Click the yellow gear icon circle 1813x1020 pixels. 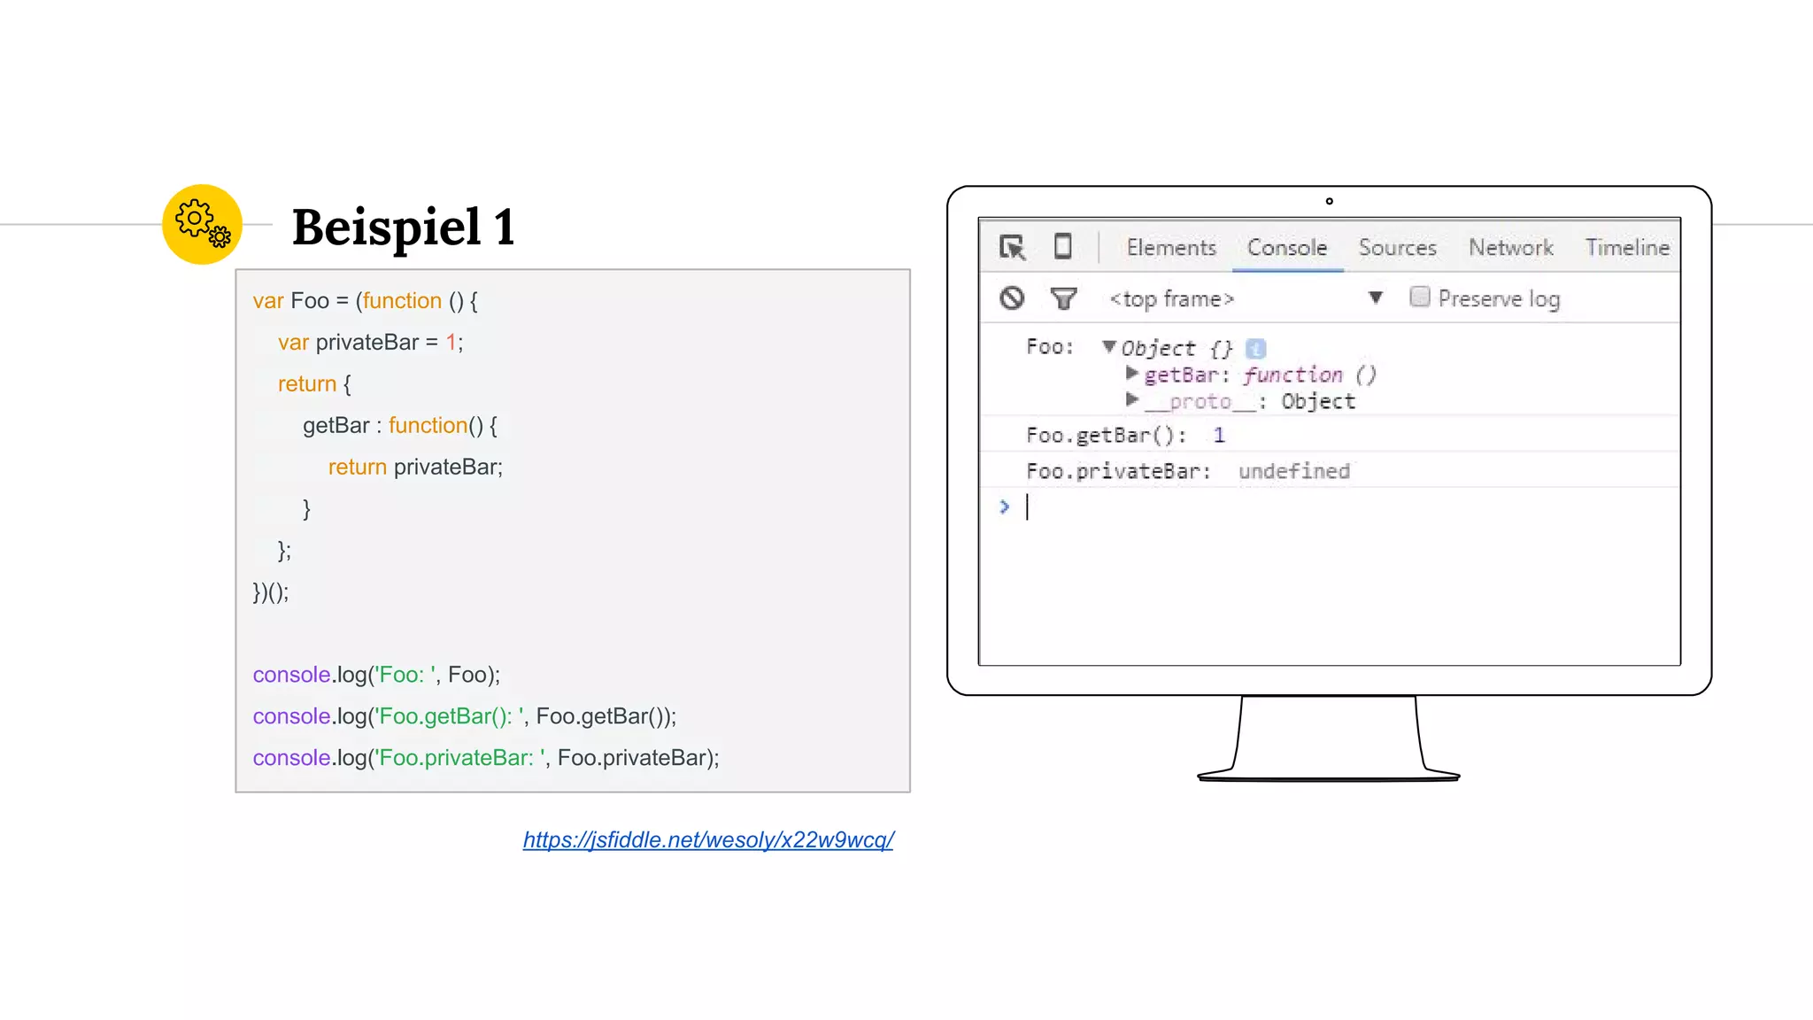(x=202, y=224)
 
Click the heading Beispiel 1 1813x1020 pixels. (x=403, y=228)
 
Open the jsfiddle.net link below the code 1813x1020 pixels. (x=708, y=839)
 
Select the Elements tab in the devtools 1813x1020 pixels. (x=1171, y=248)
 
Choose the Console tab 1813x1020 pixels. (x=1287, y=248)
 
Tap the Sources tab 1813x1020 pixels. (x=1397, y=248)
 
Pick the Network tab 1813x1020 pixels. (x=1510, y=248)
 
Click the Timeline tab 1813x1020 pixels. (x=1627, y=248)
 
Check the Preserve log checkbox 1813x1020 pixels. (x=1419, y=297)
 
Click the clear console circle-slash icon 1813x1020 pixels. (x=1012, y=298)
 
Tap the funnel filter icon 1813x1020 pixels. (x=1063, y=299)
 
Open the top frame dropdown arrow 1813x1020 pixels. (x=1375, y=297)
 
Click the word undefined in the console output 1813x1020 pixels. (x=1293, y=471)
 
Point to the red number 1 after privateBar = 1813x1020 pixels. (x=451, y=343)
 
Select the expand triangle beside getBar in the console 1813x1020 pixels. (x=1131, y=374)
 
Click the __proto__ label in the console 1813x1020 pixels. (x=1200, y=402)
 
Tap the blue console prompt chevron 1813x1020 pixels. (x=1004, y=506)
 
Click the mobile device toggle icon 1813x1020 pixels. (x=1063, y=246)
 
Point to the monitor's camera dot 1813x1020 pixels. (x=1329, y=201)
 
